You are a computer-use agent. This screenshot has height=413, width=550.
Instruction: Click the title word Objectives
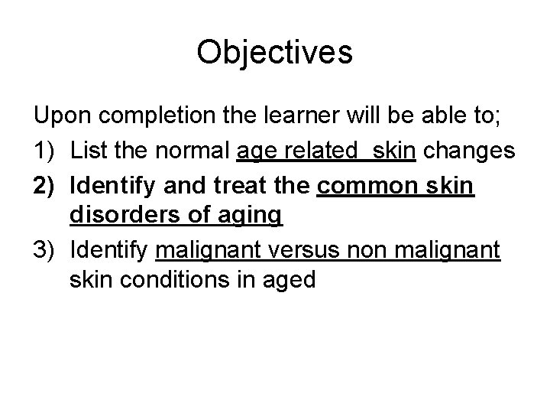coord(274,52)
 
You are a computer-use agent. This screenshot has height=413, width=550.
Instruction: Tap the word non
coord(399,249)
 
